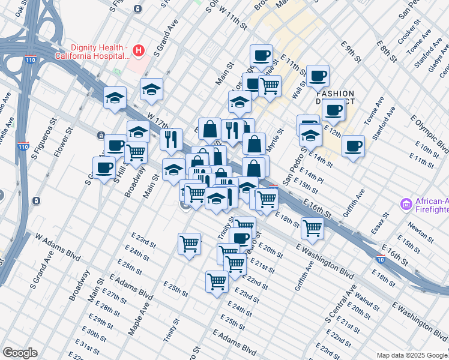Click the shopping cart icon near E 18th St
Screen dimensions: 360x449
click(x=312, y=227)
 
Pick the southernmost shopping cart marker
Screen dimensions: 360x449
click(x=216, y=281)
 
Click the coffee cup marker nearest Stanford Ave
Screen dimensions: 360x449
click(x=353, y=145)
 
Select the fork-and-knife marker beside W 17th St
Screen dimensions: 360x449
click(x=171, y=140)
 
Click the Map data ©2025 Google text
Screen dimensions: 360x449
click(x=411, y=355)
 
